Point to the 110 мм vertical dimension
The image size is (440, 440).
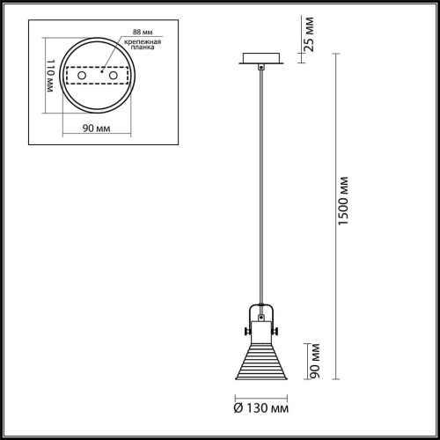click(x=50, y=79)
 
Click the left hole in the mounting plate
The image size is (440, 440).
click(x=84, y=77)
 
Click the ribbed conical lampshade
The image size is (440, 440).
click(x=260, y=364)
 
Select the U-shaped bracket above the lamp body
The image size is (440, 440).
click(x=260, y=311)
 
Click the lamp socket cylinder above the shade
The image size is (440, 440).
click(x=260, y=333)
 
